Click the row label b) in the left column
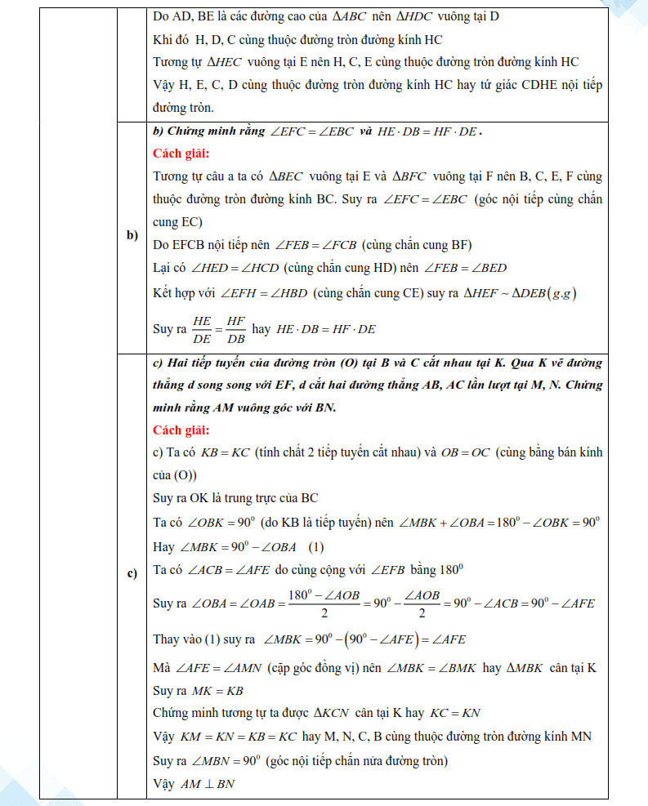(x=132, y=236)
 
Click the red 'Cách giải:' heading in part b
(x=181, y=153)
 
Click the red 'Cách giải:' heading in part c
(x=181, y=429)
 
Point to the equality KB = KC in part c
(x=225, y=452)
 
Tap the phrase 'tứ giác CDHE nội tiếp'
(x=541, y=85)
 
